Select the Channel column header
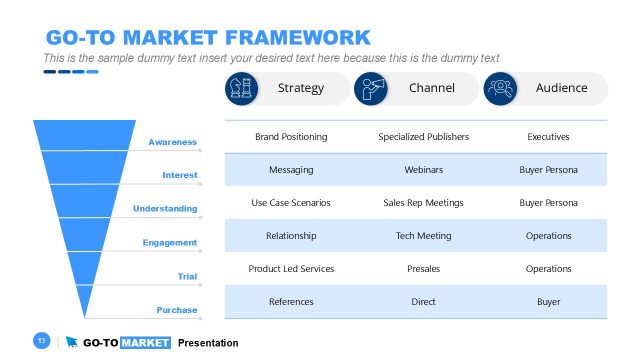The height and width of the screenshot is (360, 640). pos(431,88)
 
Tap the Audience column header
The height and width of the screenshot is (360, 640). pos(561,88)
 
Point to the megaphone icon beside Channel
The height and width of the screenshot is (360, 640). pos(370,88)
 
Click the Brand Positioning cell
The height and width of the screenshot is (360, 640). pos(291,136)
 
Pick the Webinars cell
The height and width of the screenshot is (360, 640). pos(423,170)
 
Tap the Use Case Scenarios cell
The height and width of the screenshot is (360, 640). pos(291,203)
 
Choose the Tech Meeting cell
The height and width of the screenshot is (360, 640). pos(423,236)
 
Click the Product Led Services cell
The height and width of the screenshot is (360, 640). pos(291,269)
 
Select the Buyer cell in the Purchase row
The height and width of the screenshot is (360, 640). pos(548,302)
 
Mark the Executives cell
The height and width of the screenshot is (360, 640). pos(548,136)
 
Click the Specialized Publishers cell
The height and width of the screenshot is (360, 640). pos(423,136)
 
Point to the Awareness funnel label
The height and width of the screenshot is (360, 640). pos(172,142)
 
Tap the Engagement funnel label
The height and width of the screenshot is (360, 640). pos(169,243)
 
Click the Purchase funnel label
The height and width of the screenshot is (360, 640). pos(176,310)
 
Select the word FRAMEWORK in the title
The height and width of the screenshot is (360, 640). pos(297,38)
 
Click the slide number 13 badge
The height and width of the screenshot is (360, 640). pos(42,342)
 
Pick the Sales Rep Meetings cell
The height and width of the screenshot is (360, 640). pos(423,203)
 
